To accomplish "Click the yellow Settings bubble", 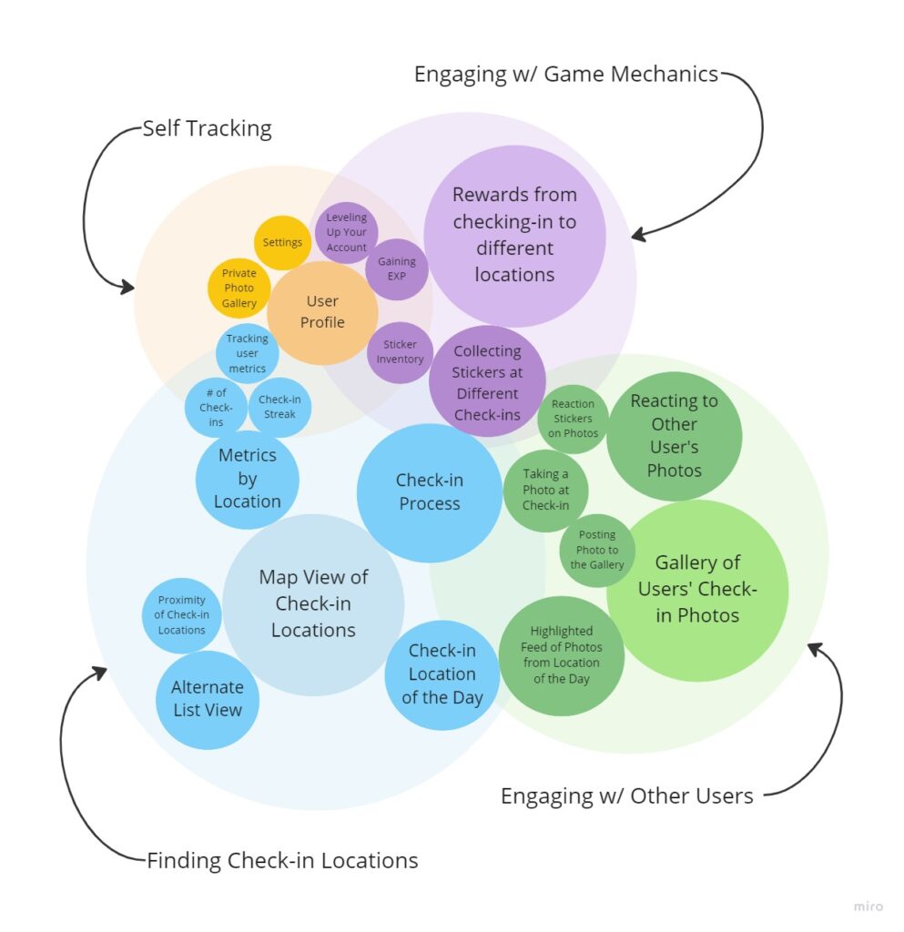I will tap(282, 243).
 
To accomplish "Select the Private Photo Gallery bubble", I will tap(239, 288).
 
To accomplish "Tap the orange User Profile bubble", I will tap(322, 311).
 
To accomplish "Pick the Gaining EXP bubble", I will tap(397, 268).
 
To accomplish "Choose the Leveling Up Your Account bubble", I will tap(347, 232).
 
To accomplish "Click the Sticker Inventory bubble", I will tap(401, 352).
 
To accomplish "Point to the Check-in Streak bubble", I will tap(279, 407).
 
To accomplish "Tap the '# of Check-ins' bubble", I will tap(216, 407).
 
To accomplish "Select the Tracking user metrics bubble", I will tap(248, 353).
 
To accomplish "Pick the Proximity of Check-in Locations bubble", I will tap(182, 614).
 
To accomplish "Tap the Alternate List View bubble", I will tap(208, 699).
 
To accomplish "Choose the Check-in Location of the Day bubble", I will tap(442, 674).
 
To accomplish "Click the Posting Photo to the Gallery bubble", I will tap(597, 550).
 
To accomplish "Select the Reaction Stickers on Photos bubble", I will tap(573, 419).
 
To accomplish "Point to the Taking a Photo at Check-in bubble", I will tap(546, 490).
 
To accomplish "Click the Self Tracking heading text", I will tap(207, 128).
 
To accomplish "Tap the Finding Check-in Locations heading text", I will tap(282, 860).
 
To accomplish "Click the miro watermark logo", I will tap(868, 907).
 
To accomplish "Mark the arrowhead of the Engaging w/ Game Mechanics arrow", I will tap(636, 236).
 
